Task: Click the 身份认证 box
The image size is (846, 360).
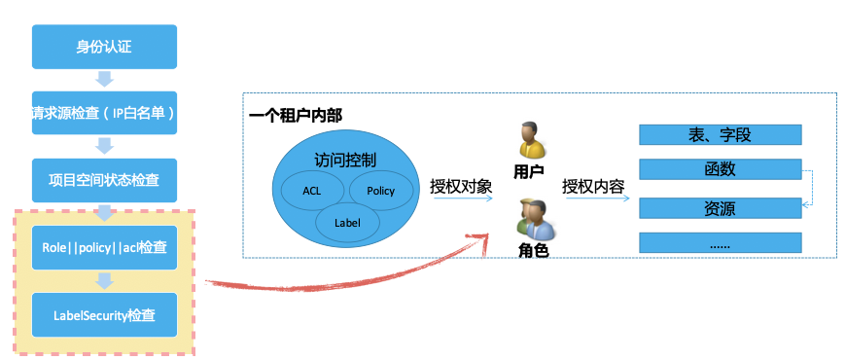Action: coord(105,45)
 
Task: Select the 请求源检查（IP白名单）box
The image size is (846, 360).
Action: coord(105,112)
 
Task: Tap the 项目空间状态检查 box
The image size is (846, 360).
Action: coord(105,179)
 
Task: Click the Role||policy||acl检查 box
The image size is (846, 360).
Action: coord(105,247)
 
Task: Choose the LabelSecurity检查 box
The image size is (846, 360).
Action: coord(105,315)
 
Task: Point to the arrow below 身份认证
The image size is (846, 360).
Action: coord(105,79)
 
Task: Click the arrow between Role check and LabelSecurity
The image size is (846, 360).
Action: coord(105,281)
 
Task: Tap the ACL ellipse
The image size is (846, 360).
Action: coord(312,190)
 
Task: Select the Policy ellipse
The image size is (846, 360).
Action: coord(380,190)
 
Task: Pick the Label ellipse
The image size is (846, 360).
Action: coord(347,222)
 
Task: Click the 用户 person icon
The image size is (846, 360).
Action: coord(531,141)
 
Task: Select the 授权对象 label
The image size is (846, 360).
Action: coord(462,186)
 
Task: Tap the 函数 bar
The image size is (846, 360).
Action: coord(720,169)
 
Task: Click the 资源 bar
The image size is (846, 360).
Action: coord(720,207)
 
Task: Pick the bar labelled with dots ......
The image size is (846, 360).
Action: coord(720,243)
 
